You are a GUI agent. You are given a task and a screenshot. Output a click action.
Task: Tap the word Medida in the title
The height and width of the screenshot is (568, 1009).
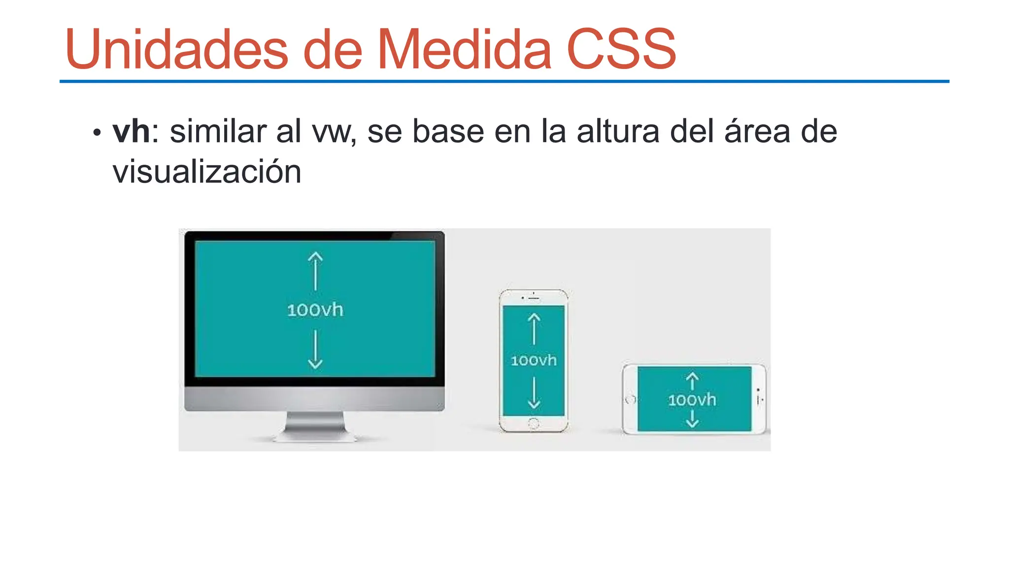(x=464, y=49)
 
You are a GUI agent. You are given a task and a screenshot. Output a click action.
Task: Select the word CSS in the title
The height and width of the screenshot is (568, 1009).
(x=621, y=49)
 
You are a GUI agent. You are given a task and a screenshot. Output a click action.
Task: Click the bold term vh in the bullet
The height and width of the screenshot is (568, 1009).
(x=131, y=132)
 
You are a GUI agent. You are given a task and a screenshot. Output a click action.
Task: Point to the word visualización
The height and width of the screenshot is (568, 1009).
(x=207, y=172)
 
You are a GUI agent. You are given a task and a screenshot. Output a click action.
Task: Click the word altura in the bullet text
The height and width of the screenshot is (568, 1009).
(x=618, y=132)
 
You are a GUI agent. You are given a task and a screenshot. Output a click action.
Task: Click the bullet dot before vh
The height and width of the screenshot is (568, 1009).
(x=97, y=133)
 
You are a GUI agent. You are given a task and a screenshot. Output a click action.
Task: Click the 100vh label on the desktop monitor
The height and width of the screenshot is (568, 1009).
(x=315, y=310)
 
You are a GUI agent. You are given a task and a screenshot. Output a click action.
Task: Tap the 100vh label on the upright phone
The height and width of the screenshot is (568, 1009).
(x=534, y=360)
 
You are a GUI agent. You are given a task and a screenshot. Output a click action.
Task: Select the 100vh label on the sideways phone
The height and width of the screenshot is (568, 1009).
(x=692, y=400)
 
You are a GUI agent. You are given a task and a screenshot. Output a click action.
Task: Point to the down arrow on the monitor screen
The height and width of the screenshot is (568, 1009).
(x=315, y=350)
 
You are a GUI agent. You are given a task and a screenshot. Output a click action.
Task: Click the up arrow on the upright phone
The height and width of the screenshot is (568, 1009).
(x=534, y=329)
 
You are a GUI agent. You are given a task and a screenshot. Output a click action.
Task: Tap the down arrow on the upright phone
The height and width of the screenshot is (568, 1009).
(x=534, y=393)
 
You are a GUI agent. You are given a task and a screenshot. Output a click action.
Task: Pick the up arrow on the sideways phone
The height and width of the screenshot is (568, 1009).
(x=692, y=381)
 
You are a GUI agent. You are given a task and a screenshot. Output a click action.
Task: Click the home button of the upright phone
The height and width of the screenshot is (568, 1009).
(x=534, y=423)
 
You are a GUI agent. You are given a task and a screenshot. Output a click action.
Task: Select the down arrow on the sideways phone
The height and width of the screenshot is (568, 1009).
(x=692, y=419)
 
